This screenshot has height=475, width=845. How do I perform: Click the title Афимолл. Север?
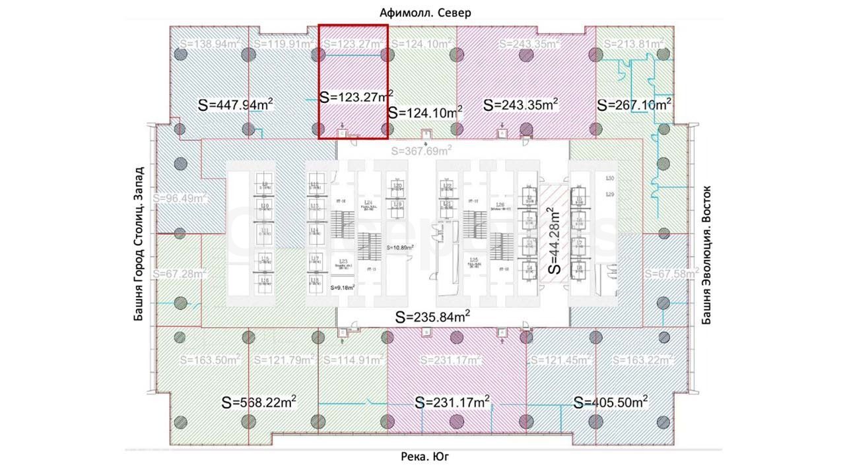425,13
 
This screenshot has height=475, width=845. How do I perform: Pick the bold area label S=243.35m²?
521,104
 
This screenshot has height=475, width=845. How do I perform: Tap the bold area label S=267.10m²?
634,104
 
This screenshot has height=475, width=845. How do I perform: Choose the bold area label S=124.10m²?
424,111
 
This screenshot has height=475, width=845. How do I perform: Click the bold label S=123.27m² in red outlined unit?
356,96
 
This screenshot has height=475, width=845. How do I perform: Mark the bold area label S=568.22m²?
259,402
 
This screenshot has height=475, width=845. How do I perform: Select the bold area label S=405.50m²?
610,402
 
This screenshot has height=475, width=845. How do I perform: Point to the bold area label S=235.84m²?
432,317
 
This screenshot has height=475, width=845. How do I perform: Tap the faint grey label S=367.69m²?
421,151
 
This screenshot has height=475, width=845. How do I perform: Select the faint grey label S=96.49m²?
180,197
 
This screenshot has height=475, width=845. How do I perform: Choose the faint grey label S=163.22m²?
642,360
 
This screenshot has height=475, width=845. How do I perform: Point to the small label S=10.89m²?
401,247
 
